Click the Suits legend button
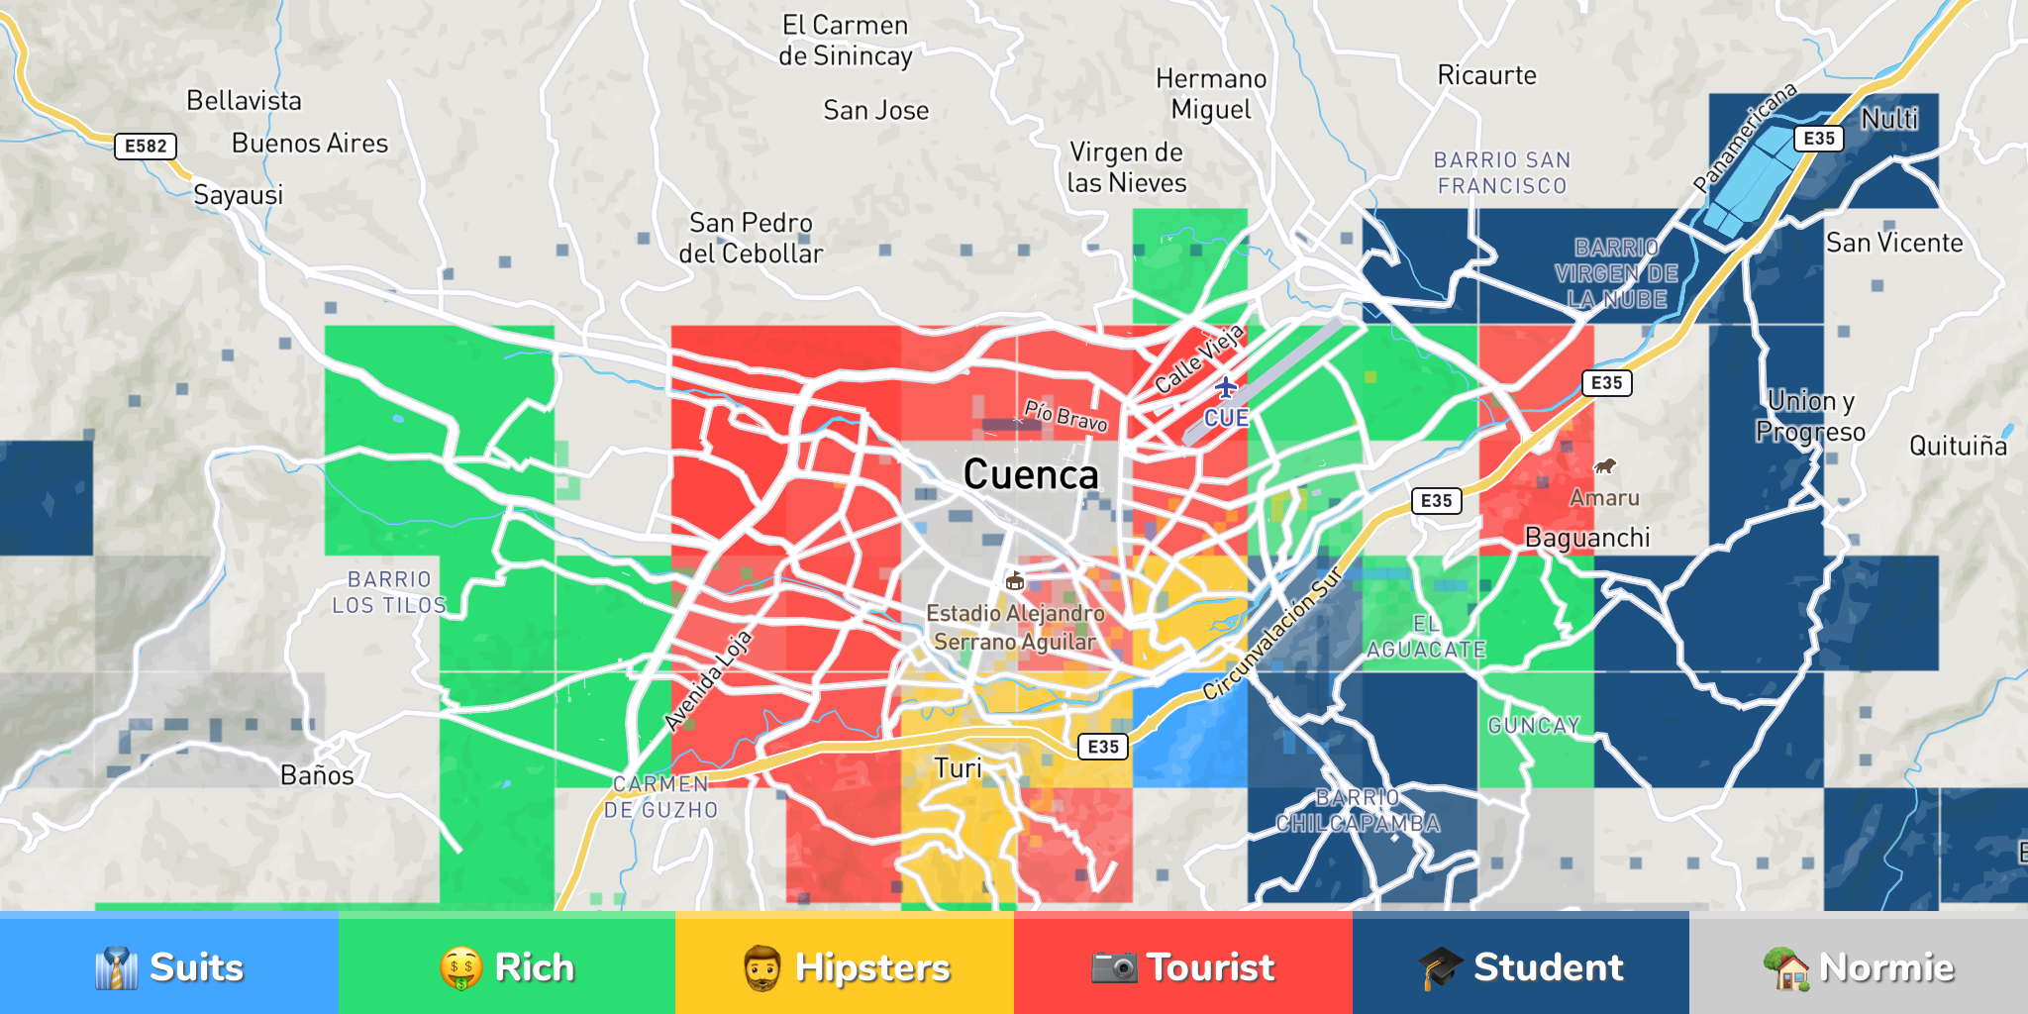(168, 966)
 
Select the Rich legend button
(506, 966)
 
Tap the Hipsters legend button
(845, 966)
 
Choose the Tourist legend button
(1182, 966)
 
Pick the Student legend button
(1520, 966)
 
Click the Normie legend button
(1859, 966)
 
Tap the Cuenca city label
(1031, 475)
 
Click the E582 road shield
(146, 147)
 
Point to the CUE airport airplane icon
(1226, 386)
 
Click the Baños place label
(317, 775)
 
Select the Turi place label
(958, 768)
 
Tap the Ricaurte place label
(1486, 75)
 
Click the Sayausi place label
(238, 195)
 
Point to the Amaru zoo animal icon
(1604, 465)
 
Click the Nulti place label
(1889, 119)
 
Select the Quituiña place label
(1958, 447)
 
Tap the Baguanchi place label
(1587, 538)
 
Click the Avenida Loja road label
(708, 680)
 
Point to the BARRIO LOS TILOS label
(389, 592)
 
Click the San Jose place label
(875, 111)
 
